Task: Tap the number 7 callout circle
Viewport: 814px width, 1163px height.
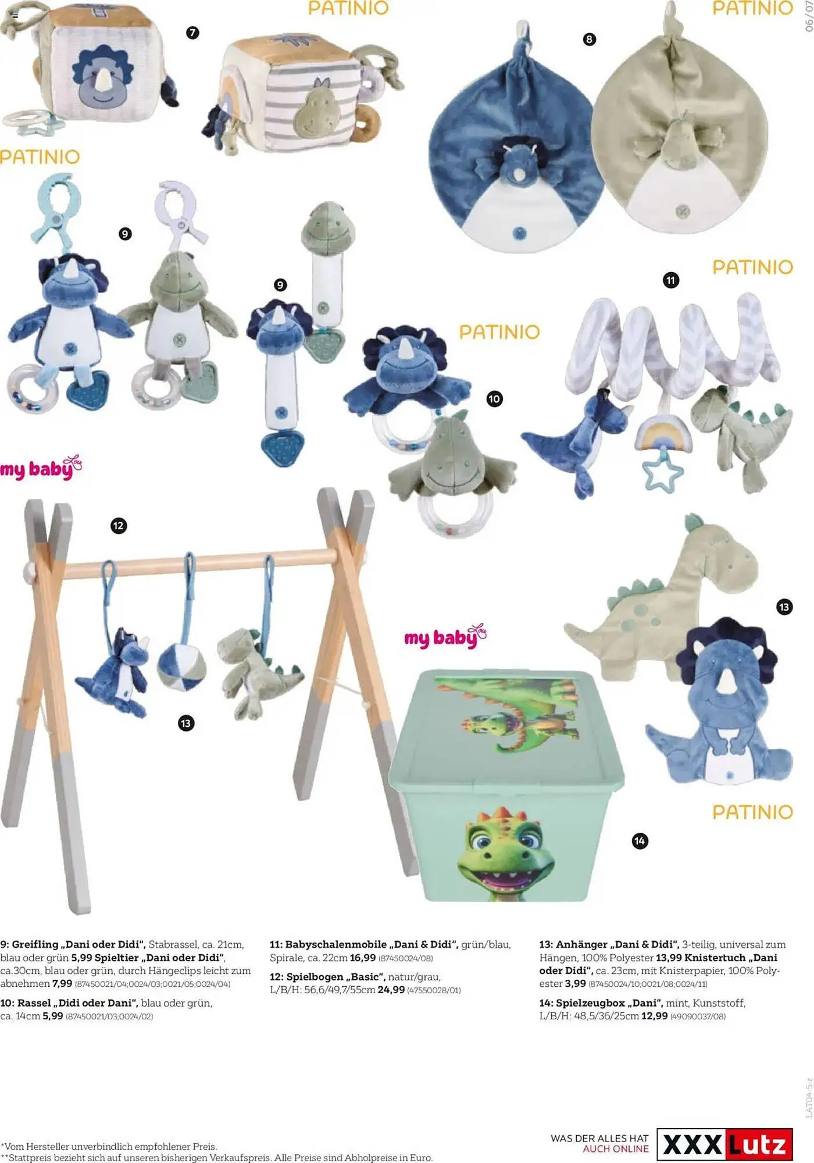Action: (192, 33)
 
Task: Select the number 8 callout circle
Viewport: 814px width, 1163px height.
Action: (589, 39)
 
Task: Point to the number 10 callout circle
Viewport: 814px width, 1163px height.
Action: (494, 399)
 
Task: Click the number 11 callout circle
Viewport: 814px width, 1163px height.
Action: (671, 280)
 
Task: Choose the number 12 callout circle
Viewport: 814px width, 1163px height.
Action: (119, 526)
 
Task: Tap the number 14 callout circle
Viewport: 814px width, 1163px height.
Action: (640, 841)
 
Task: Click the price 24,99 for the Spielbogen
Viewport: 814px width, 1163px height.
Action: (391, 990)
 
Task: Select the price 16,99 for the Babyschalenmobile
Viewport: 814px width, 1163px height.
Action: (363, 958)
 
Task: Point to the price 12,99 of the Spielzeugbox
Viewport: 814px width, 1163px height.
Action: (654, 1016)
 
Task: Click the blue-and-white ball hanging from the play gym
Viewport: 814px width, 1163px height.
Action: (181, 666)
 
